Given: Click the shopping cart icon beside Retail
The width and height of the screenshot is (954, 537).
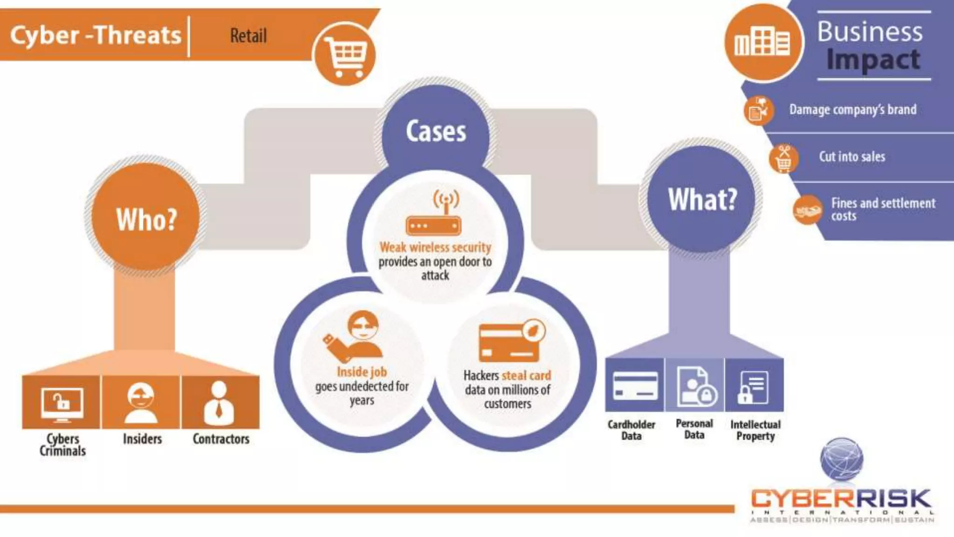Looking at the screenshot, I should tap(345, 55).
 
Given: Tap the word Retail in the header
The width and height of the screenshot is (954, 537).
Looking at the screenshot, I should tap(248, 36).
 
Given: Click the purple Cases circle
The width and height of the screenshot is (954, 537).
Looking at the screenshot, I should tap(436, 131).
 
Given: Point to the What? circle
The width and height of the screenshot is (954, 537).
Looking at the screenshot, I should tap(702, 199).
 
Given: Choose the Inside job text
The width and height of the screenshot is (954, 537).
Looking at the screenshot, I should tap(361, 372).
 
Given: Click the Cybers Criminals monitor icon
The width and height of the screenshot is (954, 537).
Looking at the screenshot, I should tap(62, 404).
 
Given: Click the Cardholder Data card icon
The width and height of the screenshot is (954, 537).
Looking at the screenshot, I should tap(635, 386).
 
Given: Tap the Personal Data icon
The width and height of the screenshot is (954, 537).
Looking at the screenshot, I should tap(695, 386).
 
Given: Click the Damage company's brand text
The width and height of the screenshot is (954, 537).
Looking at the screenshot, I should tap(852, 110).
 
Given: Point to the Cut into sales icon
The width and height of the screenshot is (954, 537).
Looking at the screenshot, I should tap(784, 158).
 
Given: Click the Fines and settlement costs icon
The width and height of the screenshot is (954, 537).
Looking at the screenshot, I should tap(807, 210).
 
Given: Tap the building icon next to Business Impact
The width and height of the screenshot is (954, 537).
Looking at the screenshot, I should tap(762, 42).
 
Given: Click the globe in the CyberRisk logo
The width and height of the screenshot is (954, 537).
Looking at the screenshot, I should tap(842, 459).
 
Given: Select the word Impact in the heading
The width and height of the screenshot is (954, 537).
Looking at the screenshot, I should tap(873, 60).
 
